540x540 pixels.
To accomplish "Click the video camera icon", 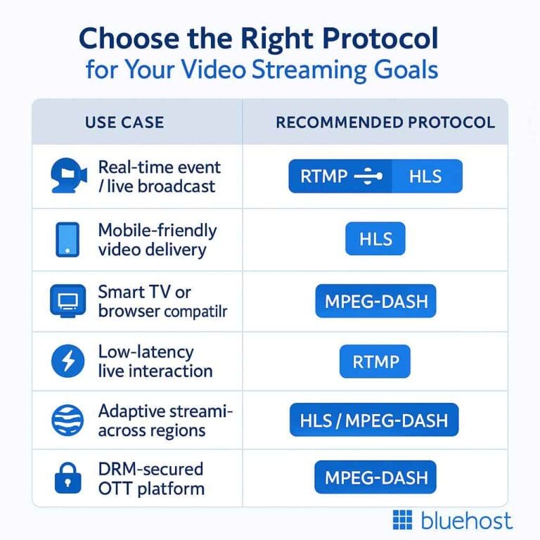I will pyautogui.click(x=69, y=176).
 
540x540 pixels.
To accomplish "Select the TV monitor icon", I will pyautogui.click(x=67, y=301).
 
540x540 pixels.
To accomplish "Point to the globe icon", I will pyautogui.click(x=67, y=421).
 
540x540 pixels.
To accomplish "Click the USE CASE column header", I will pyautogui.click(x=124, y=122).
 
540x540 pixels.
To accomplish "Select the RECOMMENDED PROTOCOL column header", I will pyautogui.click(x=385, y=122).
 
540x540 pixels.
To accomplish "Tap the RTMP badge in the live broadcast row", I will pyautogui.click(x=323, y=176).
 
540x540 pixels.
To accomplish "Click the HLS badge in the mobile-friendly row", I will pyautogui.click(x=375, y=239).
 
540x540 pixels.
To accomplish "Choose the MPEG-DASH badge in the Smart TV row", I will pyautogui.click(x=375, y=302).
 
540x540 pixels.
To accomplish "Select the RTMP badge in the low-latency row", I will pyautogui.click(x=375, y=362).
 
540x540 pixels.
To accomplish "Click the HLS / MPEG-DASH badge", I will pyautogui.click(x=373, y=420).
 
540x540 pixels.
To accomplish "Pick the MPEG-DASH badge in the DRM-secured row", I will pyautogui.click(x=375, y=478).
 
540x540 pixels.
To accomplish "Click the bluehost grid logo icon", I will pyautogui.click(x=402, y=521).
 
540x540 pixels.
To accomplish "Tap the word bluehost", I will pyautogui.click(x=466, y=521).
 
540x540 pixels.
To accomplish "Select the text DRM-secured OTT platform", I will pyautogui.click(x=151, y=478).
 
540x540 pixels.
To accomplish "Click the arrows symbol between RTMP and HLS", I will pyautogui.click(x=368, y=176).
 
